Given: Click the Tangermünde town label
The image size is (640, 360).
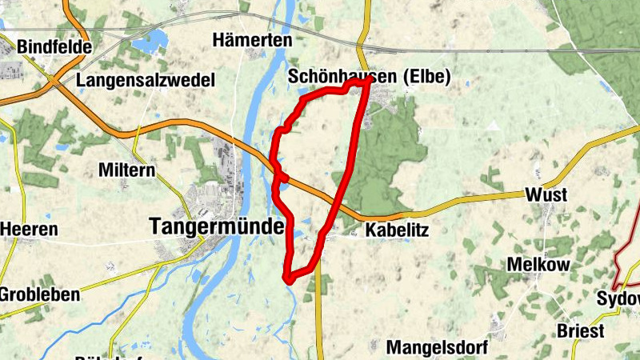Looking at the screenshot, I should tap(216, 227).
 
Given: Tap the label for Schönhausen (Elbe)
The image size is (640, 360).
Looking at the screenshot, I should tap(369, 78).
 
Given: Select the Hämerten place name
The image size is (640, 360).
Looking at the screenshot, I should tap(252, 39).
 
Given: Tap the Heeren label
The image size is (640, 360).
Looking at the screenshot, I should tap(30, 230).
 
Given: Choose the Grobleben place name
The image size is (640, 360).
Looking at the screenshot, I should tap(39, 294).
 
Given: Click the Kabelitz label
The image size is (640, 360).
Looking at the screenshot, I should tap(397, 230).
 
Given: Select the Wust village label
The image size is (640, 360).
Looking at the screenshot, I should tap(546, 194).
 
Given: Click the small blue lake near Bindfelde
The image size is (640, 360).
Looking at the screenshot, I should tap(152, 38).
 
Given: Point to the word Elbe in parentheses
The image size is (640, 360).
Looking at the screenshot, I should tap(427, 78).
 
